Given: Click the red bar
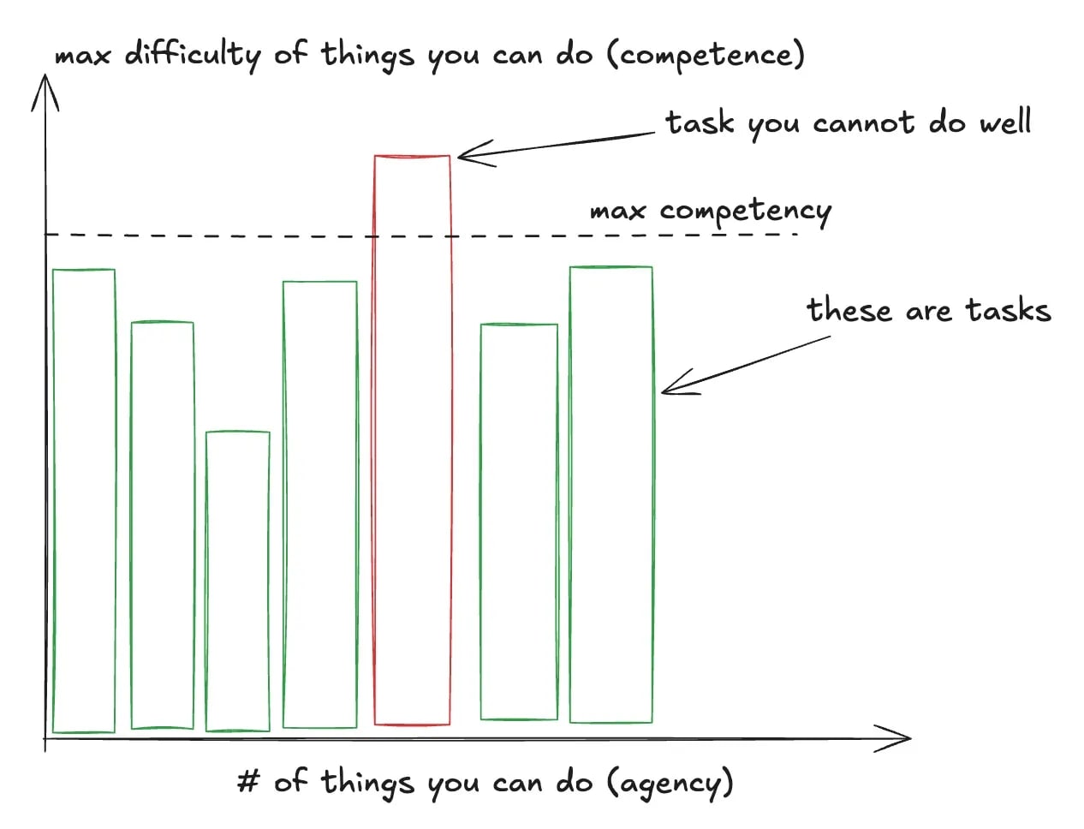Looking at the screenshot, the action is point(412,440).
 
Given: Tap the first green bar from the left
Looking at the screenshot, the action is point(84,501).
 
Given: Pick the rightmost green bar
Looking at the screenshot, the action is point(610,495).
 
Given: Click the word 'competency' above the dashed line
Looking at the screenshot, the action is point(745,212).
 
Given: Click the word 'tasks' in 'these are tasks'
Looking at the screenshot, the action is point(1008,310).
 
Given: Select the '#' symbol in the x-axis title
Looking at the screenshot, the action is point(248,781).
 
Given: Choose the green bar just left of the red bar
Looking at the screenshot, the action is point(319,504).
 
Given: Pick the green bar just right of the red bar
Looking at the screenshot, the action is point(519,522).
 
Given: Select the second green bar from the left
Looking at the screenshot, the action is point(162,525).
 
